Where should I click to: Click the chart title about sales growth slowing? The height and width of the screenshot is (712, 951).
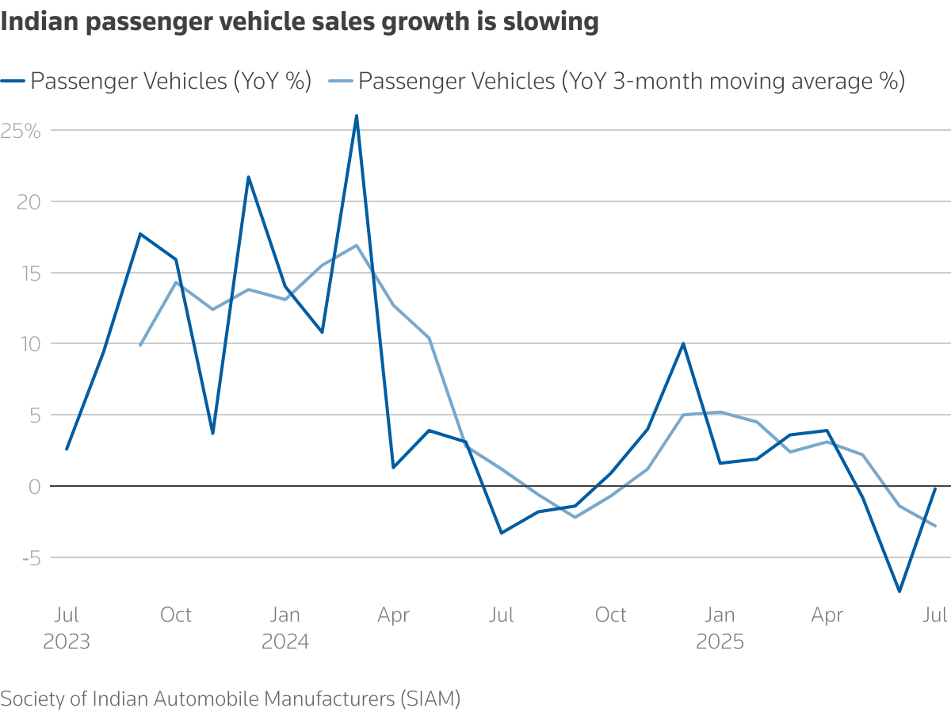[300, 21]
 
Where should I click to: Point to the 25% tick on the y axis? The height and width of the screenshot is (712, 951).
[21, 131]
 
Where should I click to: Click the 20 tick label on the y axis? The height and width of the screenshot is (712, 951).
[29, 202]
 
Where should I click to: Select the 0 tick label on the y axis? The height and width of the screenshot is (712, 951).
[34, 486]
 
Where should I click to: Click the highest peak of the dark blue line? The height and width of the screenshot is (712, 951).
[357, 116]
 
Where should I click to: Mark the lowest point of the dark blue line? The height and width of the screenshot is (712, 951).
[899, 591]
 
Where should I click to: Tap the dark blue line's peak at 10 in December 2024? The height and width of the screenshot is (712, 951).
[683, 343]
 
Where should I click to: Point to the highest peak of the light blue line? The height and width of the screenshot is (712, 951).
[357, 245]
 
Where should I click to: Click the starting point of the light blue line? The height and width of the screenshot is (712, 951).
[139, 345]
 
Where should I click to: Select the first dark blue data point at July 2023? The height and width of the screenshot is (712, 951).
[67, 449]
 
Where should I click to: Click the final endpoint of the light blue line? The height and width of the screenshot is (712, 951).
[935, 526]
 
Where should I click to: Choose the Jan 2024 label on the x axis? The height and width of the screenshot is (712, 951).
[285, 627]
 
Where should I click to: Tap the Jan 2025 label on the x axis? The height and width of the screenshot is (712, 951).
[720, 627]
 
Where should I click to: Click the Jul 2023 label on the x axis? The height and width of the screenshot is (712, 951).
[67, 627]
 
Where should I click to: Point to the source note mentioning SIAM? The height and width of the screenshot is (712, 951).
[231, 699]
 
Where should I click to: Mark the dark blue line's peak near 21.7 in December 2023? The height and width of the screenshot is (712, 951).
[248, 177]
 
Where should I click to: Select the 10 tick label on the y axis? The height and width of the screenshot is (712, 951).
[29, 344]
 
